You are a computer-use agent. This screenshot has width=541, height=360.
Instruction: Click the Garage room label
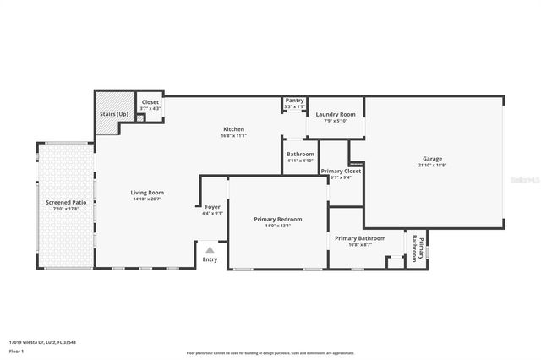(432, 159)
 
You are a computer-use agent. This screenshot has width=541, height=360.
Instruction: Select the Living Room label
(146, 193)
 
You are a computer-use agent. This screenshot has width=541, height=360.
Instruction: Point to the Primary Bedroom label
(278, 219)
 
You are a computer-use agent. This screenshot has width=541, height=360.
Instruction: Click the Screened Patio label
(66, 203)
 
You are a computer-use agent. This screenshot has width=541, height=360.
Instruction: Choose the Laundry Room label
(335, 114)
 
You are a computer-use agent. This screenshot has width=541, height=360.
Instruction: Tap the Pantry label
(294, 100)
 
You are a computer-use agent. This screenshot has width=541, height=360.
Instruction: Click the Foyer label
(213, 207)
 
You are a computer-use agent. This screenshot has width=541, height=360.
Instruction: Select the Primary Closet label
(341, 172)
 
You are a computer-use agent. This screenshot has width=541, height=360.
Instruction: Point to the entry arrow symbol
(210, 249)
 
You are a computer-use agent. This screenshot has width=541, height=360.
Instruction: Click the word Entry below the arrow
(210, 259)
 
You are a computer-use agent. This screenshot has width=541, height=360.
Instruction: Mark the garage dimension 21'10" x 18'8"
(432, 166)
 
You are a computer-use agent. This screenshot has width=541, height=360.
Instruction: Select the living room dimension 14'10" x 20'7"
(146, 199)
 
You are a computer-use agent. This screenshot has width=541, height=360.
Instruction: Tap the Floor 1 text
(17, 350)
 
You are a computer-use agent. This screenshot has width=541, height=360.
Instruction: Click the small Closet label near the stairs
(150, 102)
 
